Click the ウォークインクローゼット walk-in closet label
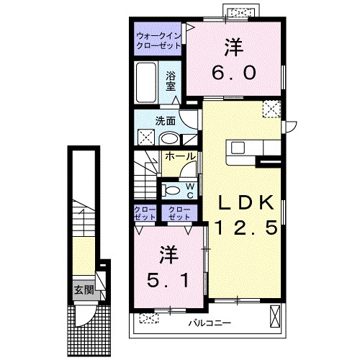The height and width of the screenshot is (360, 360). click(158, 41)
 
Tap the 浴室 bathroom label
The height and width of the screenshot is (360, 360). click(171, 81)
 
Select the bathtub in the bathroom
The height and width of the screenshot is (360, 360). click(146, 83)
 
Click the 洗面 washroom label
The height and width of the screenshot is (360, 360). click(166, 121)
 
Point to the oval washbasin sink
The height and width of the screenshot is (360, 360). click(169, 139)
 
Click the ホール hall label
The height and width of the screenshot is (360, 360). click(180, 156)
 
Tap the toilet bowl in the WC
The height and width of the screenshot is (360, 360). click(171, 191)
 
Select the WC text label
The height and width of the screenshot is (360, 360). click(190, 191)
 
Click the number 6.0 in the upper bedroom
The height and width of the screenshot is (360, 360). click(234, 73)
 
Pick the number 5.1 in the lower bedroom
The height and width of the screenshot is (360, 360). click(168, 280)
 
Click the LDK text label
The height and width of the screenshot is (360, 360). click(246, 203)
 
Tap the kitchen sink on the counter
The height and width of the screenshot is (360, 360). click(238, 148)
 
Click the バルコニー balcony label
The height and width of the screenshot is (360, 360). click(210, 323)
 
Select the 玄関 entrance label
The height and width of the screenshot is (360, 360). click(84, 290)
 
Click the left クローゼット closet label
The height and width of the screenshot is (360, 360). click(145, 213)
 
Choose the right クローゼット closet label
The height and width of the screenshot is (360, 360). click(179, 213)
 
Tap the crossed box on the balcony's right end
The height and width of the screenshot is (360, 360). click(275, 316)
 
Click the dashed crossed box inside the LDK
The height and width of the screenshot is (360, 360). click(271, 109)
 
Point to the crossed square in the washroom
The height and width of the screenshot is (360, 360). click(146, 137)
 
